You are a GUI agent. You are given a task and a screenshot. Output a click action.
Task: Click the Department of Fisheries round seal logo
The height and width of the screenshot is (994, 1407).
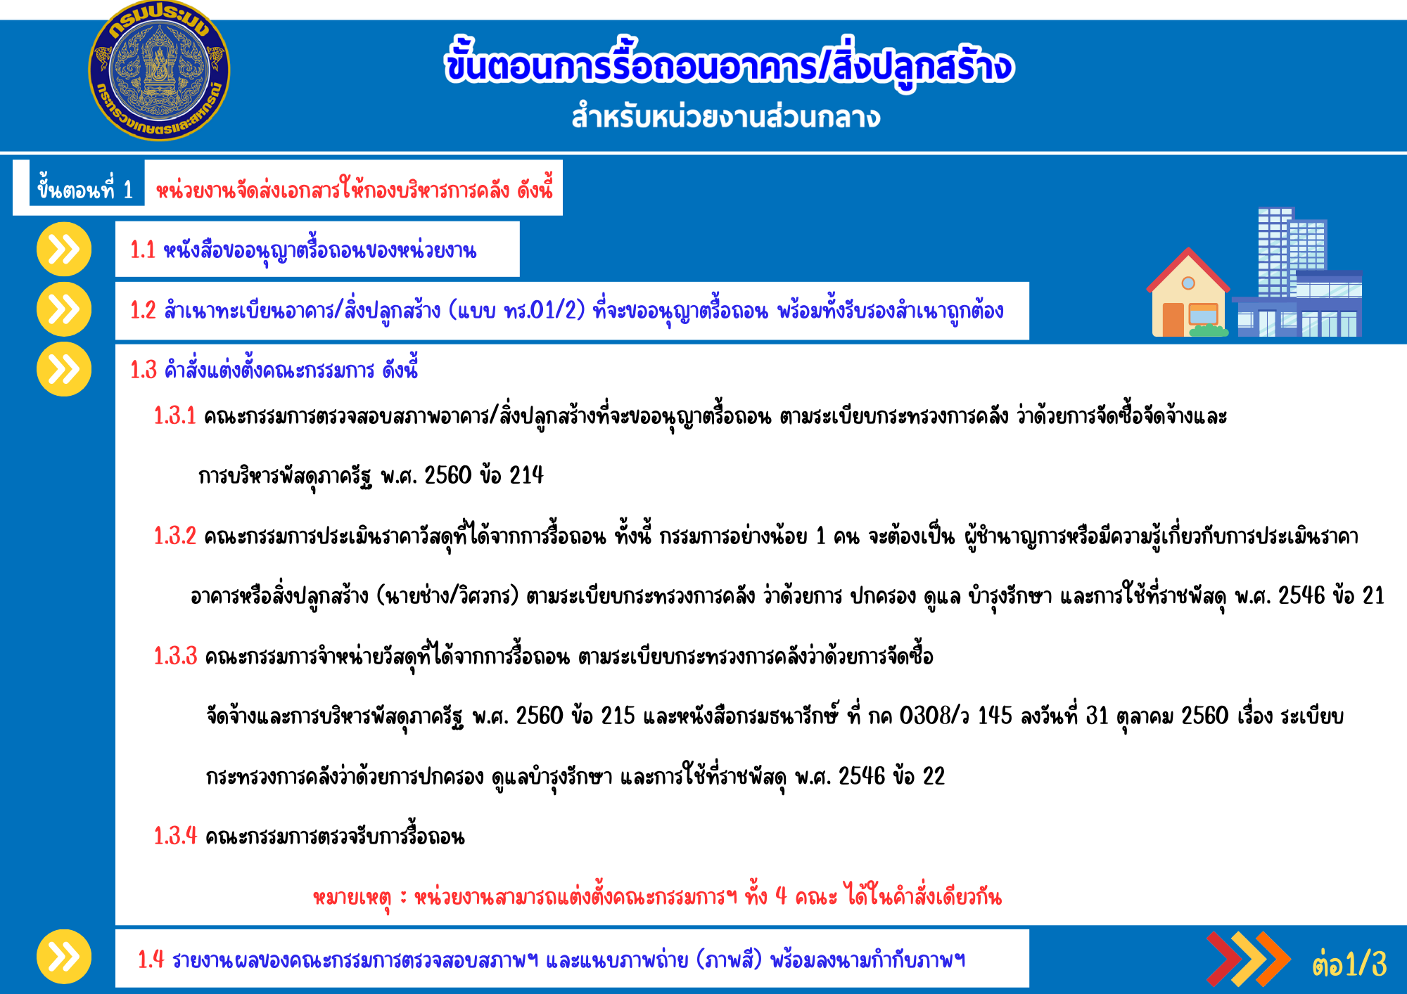click(159, 70)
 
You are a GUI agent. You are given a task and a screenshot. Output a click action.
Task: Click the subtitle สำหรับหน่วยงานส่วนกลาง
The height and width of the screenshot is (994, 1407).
click(725, 117)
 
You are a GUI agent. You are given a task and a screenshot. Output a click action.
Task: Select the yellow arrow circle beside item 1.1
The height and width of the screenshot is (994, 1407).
click(64, 249)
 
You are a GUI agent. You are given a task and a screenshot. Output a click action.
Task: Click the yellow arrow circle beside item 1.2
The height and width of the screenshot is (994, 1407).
click(64, 309)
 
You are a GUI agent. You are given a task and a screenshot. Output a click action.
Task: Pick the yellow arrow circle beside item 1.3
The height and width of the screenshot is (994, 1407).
click(64, 369)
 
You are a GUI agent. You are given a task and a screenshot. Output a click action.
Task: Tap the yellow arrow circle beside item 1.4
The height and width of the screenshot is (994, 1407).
click(64, 957)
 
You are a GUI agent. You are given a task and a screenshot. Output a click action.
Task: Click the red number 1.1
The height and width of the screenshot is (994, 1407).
click(143, 250)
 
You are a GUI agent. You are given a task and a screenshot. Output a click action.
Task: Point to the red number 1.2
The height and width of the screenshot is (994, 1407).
click(143, 310)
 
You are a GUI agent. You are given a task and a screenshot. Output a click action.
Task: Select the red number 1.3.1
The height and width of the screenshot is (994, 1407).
click(175, 415)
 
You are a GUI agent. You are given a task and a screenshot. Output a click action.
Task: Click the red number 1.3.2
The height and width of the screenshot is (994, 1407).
click(175, 536)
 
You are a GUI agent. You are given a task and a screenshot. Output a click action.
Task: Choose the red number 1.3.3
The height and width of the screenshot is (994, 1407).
click(175, 656)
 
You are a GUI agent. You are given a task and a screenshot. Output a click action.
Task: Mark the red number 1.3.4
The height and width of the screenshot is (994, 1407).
click(175, 836)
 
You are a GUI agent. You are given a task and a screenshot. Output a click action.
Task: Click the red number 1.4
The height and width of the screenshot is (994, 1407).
click(151, 959)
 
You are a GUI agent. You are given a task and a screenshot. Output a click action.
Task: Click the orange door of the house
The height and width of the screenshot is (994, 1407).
click(1173, 320)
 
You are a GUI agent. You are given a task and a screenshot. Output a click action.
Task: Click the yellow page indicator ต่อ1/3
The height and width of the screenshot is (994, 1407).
click(1349, 964)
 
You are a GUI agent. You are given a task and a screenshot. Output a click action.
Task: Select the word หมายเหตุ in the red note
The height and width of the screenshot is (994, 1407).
click(352, 898)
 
